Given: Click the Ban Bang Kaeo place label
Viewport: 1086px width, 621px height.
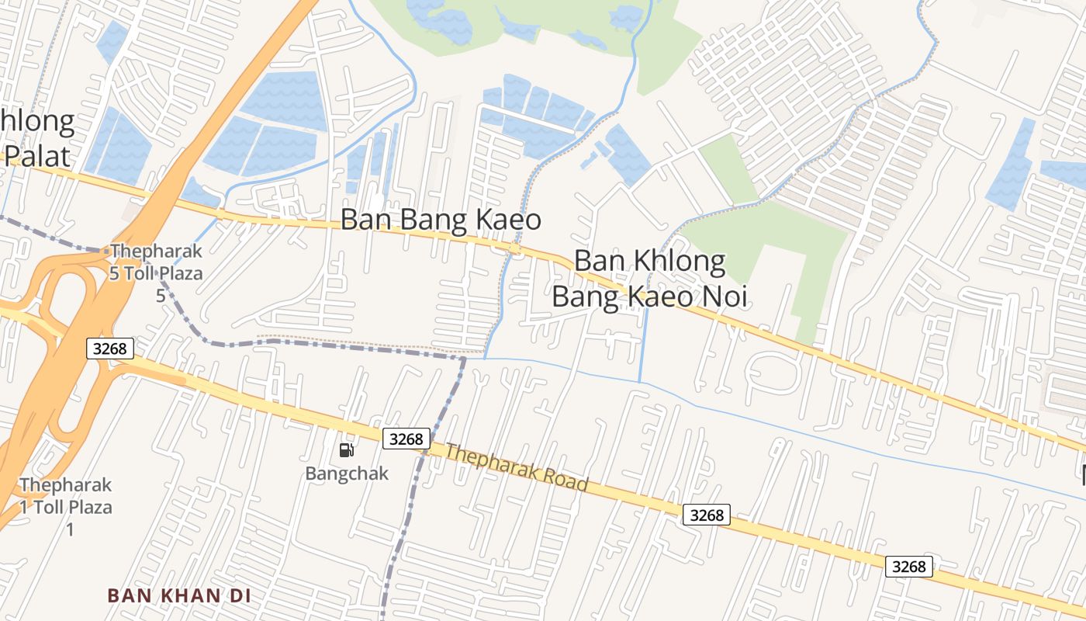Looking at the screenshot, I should click(441, 220).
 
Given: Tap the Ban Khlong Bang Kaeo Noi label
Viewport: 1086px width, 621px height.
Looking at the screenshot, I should click(650, 279).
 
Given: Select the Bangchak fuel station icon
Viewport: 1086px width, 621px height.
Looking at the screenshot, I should click(346, 450).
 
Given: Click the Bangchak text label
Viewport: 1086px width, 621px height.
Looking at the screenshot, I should click(346, 473).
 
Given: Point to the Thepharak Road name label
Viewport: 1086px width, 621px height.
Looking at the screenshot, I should click(516, 467).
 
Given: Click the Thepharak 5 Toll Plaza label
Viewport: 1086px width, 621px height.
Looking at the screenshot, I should click(156, 262).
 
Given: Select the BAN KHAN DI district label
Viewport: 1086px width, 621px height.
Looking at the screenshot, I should click(179, 595).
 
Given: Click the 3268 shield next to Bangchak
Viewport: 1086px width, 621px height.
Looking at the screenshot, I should click(406, 439).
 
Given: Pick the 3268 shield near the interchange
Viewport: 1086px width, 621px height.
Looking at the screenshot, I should click(109, 349).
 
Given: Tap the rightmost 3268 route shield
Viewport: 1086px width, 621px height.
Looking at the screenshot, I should click(908, 567).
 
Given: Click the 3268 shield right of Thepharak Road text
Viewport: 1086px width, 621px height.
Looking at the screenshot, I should click(707, 515).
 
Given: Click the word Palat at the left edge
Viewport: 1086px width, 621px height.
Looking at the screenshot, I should click(37, 154).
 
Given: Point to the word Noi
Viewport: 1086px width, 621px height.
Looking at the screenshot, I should click(723, 297).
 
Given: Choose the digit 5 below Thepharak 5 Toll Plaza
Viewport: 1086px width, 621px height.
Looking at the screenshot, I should click(161, 296).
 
